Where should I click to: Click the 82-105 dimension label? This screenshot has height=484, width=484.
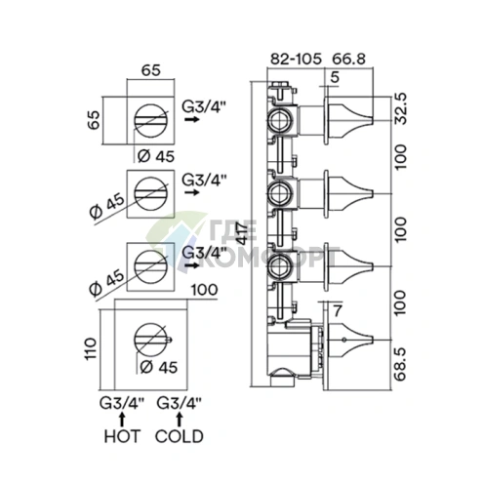[296, 59]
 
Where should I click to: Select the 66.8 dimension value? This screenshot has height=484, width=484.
[348, 59]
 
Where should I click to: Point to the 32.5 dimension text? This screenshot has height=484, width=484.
[401, 108]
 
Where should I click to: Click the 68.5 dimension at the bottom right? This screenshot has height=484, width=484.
[401, 364]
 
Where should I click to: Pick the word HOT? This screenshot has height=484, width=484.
[122, 436]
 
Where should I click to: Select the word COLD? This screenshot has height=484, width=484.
[180, 436]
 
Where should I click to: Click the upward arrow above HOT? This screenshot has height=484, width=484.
[122, 420]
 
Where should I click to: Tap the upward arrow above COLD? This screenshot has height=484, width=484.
[179, 420]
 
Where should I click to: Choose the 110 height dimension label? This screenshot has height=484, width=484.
[91, 348]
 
